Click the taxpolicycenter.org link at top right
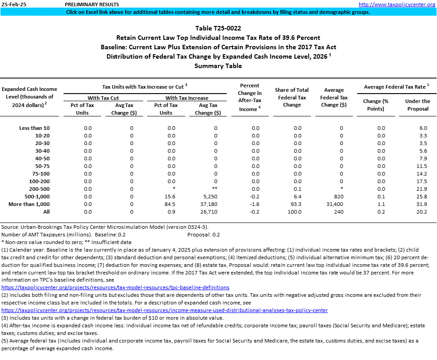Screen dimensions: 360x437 pos(397,4)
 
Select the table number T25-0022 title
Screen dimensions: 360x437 pos(218,28)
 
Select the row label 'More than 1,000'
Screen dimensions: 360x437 pos(29,204)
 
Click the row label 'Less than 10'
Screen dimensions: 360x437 pos(34,128)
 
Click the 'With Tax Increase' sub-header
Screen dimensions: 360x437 pos(187,98)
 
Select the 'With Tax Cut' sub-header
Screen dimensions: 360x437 pos(103,98)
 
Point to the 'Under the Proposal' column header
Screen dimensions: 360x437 pos(417,105)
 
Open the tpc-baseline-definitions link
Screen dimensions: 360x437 pos(115,287)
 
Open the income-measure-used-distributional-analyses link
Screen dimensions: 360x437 pos(165,310)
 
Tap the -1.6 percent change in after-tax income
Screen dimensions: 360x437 pos(255,204)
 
